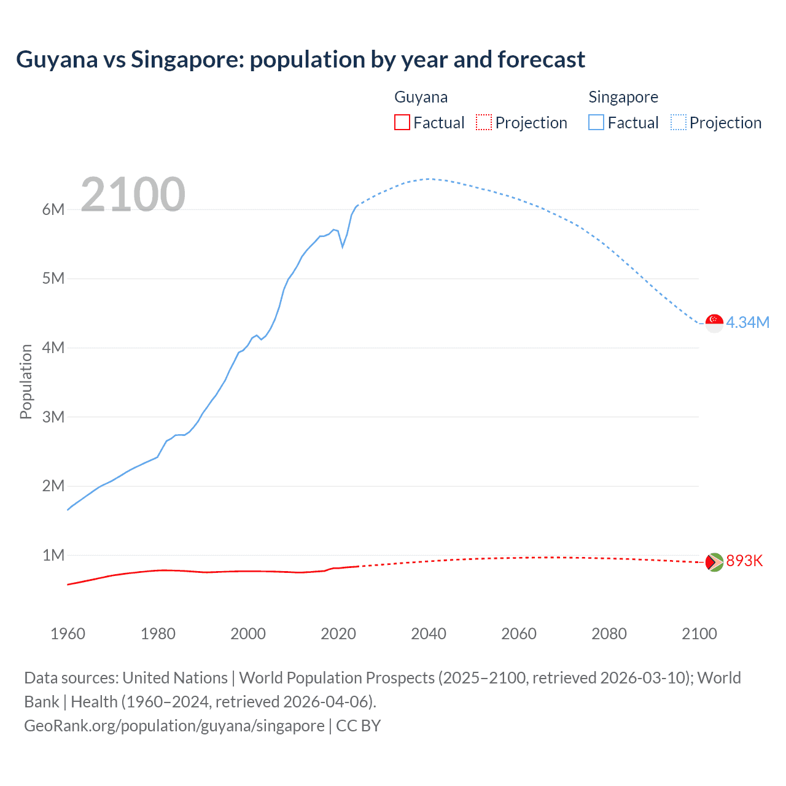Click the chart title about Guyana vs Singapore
point(300,60)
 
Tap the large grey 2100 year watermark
point(133,195)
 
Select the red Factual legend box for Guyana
point(402,122)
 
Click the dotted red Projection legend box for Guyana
point(484,122)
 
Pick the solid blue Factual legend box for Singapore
point(596,122)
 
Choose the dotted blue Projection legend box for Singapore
point(678,122)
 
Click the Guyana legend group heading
point(421,97)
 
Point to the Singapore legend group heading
point(623,97)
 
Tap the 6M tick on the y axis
point(53,209)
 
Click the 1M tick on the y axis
point(53,555)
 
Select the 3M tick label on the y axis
point(53,417)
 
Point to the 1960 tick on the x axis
point(68,634)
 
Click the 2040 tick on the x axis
point(429,634)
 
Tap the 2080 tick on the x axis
point(609,634)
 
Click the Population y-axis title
point(26,381)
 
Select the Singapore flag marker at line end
point(714,322)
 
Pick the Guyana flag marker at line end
point(714,561)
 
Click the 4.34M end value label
point(747,322)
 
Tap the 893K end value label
point(744,561)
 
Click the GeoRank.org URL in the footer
point(174,725)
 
